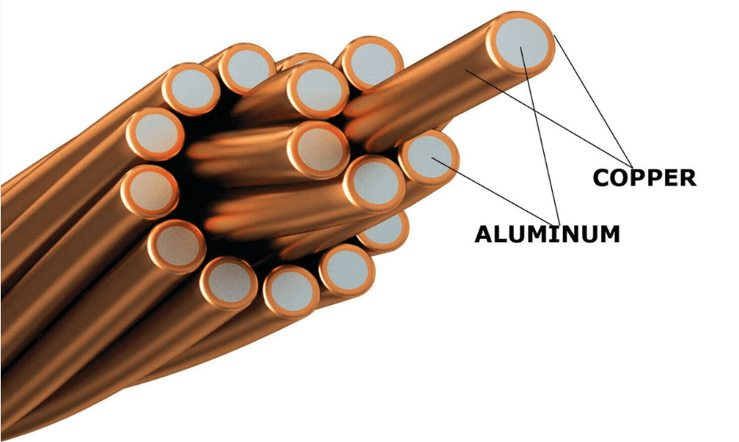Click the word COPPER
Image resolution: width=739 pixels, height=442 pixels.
click(644, 178)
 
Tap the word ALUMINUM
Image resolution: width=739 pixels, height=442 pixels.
click(547, 234)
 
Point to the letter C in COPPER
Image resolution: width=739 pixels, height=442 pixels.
click(601, 178)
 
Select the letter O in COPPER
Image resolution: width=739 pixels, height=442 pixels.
click(620, 178)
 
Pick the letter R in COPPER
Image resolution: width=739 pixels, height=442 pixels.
click(688, 178)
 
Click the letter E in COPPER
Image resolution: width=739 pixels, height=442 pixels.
click(671, 178)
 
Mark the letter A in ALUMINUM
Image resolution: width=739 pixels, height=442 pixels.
click(483, 234)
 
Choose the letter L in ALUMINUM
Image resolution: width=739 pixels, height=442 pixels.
click(501, 234)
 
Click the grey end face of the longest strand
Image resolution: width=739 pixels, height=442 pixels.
click(521, 43)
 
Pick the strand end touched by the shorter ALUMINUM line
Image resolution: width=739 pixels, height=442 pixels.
click(429, 156)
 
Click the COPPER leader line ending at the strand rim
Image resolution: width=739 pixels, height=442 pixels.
click(593, 100)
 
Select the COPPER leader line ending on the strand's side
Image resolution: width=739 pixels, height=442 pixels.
click(549, 118)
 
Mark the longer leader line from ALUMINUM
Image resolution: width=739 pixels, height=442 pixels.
click(540, 137)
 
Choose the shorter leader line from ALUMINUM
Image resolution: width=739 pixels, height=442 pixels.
click(494, 192)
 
